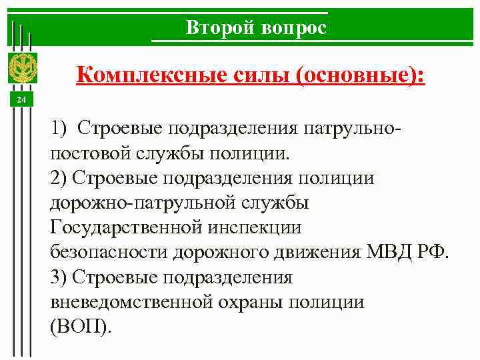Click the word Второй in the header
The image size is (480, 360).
coord(219,28)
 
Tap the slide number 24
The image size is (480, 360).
coord(21,100)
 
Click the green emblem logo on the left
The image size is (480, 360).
coord(22,67)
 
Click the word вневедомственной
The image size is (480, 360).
coord(130,302)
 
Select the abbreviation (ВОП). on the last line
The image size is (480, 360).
coord(81,327)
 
